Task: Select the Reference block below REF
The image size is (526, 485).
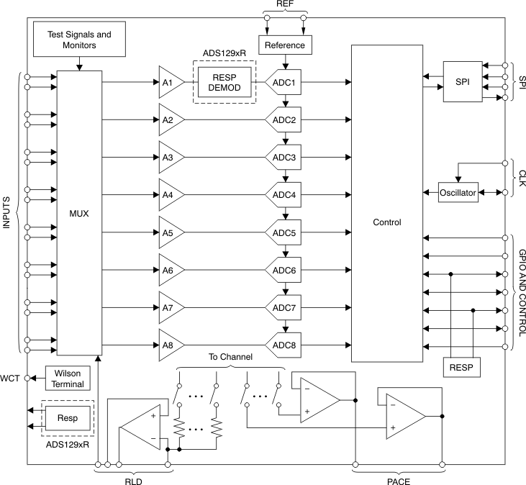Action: click(286, 45)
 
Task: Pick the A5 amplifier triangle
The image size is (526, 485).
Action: click(170, 233)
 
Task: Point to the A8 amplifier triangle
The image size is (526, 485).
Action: click(170, 345)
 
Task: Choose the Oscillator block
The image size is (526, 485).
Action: click(458, 193)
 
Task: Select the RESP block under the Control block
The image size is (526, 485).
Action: click(461, 368)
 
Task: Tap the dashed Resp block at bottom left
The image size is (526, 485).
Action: click(68, 417)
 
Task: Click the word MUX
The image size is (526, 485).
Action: click(78, 214)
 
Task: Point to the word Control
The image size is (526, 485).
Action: click(386, 222)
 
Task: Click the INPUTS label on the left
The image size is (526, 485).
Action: click(7, 214)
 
